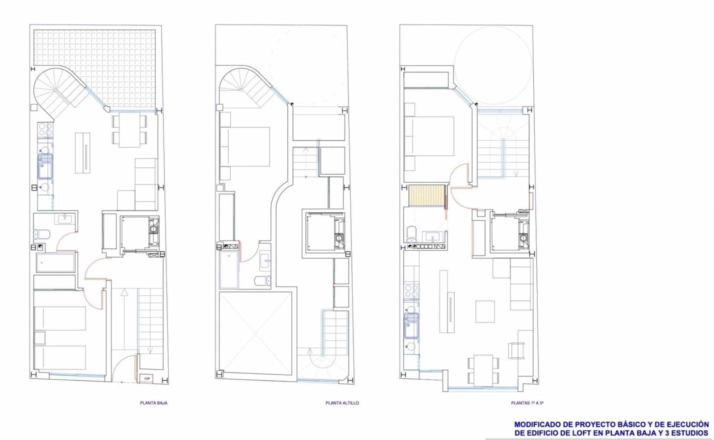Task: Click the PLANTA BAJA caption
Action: point(154,403)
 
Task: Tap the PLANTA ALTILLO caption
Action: point(342,403)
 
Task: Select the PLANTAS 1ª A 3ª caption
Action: point(527,403)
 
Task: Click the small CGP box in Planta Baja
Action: point(147,378)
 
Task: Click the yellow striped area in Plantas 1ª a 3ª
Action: point(428,196)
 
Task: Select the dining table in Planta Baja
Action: point(129,131)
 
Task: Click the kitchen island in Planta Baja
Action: point(83,153)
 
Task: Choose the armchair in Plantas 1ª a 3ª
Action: point(517,350)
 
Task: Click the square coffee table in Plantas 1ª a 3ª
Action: point(485,311)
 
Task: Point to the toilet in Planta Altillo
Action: point(262,281)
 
